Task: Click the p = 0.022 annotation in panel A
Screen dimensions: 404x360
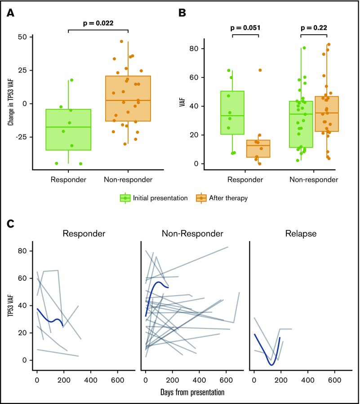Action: tap(98, 23)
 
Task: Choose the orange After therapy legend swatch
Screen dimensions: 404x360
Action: tap(201, 198)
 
